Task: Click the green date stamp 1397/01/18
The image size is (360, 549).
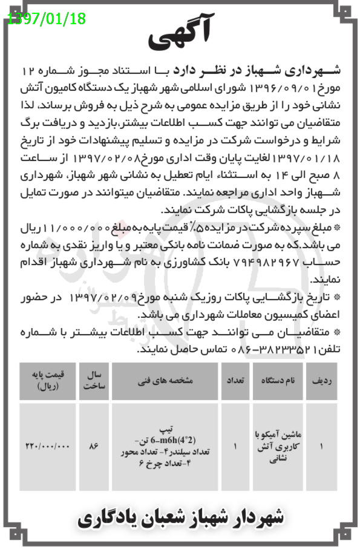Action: point(47,18)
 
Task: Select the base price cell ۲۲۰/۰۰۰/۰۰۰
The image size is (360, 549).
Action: point(48,447)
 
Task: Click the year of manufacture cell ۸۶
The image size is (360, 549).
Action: point(93,447)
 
